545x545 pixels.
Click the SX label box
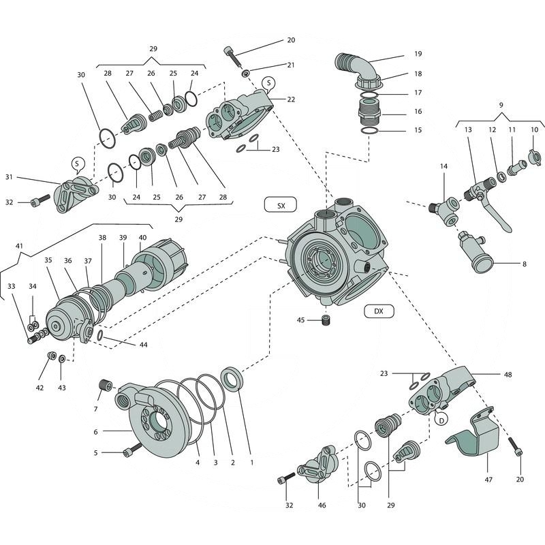280,205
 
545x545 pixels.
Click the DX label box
379,311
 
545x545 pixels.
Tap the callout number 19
418,54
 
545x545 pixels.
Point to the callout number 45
300,320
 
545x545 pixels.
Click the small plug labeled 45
326,320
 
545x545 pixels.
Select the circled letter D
441,420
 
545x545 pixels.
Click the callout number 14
443,166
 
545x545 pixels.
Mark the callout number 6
96,432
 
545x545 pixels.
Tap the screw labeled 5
131,450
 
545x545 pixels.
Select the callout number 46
322,505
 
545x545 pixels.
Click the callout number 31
9,178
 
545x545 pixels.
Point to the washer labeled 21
245,73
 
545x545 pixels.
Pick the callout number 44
143,345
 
